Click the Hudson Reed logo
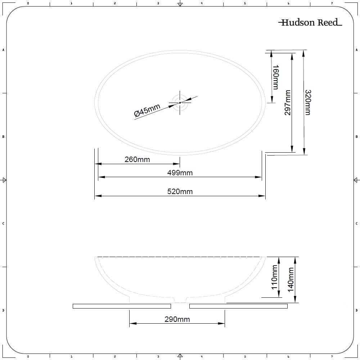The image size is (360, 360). tap(310, 23)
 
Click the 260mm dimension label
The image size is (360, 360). tap(137, 159)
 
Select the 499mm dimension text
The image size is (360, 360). tap(180, 173)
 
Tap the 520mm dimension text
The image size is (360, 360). tap(180, 192)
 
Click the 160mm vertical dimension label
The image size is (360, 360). tap(275, 77)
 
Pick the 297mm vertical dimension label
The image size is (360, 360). tap(288, 103)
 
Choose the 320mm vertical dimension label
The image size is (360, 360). tap(307, 103)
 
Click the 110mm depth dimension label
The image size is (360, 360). tap(274, 277)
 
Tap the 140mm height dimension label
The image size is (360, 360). tap(291, 279)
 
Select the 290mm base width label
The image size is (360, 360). tap(177, 319)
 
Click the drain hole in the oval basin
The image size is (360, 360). tap(180, 103)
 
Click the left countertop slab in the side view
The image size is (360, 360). tap(121, 306)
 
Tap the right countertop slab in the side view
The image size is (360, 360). tap(238, 306)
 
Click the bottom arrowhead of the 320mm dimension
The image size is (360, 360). tap(304, 152)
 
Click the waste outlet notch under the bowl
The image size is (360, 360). tap(180, 300)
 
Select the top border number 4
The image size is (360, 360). tap(202, 3)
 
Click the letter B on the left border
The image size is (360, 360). tap(3, 136)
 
